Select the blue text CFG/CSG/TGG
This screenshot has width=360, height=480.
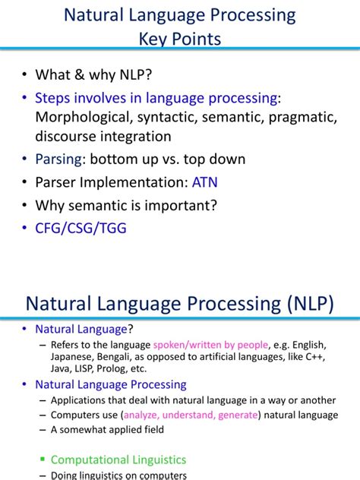[81, 229]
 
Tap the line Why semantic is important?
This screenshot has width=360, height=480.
[127, 205]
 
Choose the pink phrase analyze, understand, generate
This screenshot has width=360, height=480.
[189, 415]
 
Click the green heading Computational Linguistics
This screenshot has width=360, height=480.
[118, 459]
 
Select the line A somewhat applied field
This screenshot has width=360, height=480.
[106, 429]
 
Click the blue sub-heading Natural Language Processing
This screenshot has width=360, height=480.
[111, 385]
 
